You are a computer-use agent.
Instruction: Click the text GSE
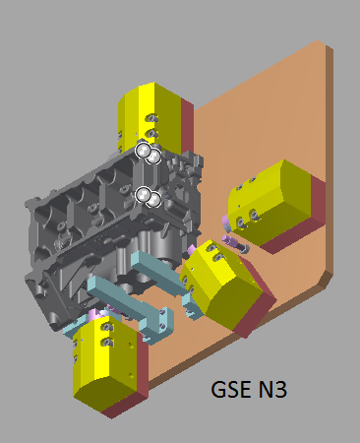[231, 389]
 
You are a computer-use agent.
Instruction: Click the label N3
[272, 389]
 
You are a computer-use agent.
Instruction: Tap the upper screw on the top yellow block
[151, 118]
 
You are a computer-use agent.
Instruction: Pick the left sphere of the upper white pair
[143, 151]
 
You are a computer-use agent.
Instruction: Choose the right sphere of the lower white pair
[154, 200]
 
